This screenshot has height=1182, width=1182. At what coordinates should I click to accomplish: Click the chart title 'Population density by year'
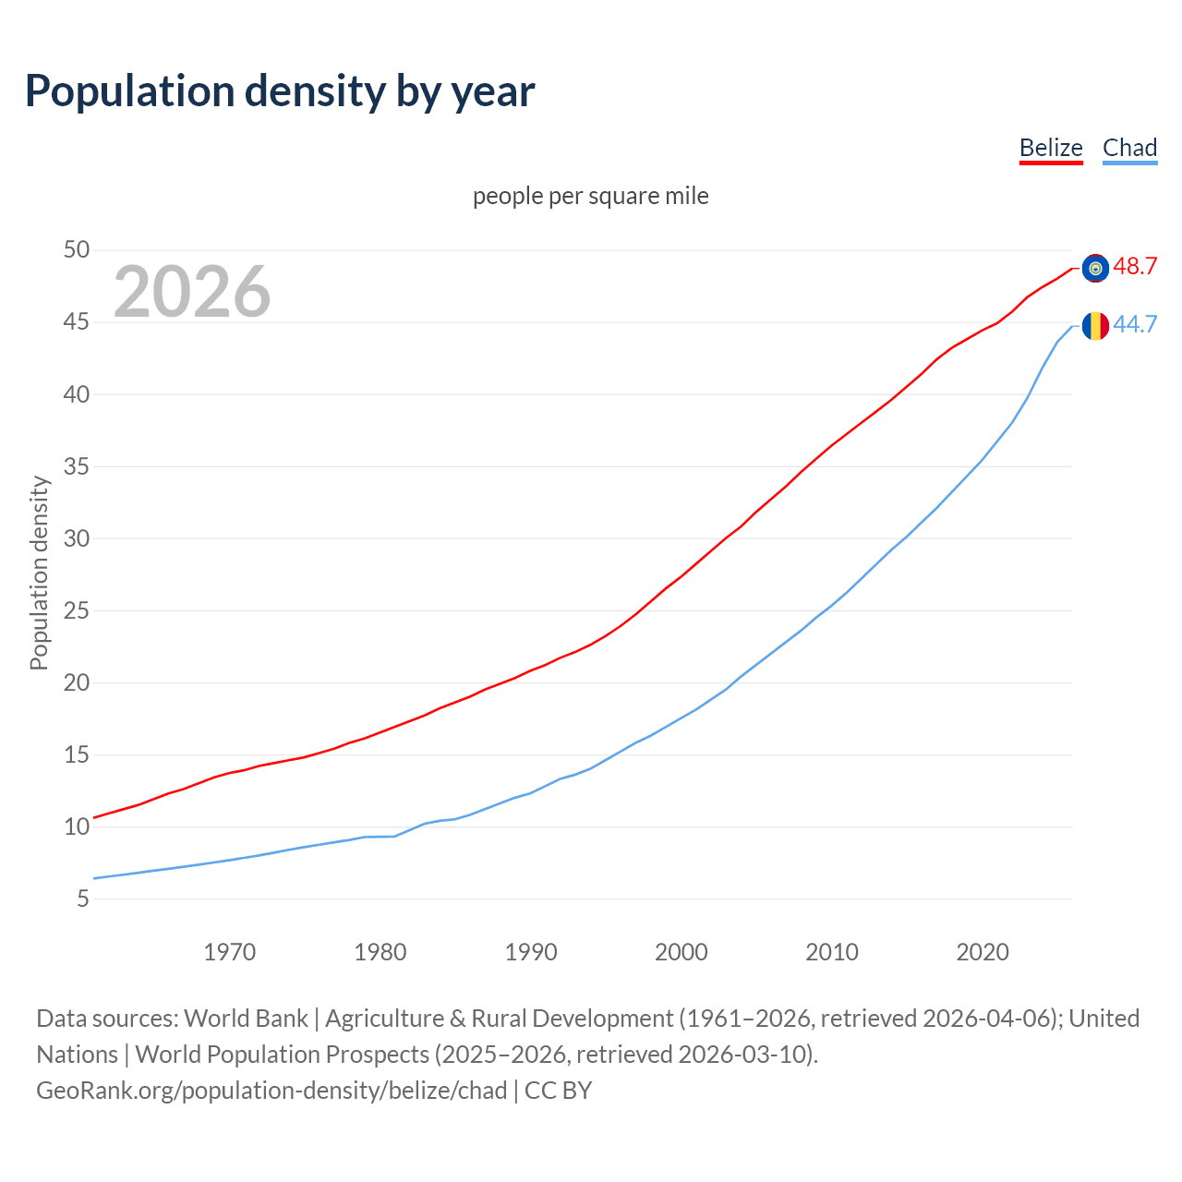coord(280,91)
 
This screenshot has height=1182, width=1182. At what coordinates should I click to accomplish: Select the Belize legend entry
coord(1051,148)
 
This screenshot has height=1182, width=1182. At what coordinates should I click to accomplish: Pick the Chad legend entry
coord(1129,148)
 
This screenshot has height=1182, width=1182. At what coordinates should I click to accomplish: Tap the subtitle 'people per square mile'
coord(591,197)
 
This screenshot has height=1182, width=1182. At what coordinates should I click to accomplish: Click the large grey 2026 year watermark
coord(192,292)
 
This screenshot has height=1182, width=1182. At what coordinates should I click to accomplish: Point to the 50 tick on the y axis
coord(77,250)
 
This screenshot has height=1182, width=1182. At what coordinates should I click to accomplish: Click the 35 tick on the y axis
coord(77,466)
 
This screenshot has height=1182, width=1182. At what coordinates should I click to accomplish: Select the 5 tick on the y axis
coord(83,899)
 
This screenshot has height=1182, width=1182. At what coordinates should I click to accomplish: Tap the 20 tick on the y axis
coord(77,682)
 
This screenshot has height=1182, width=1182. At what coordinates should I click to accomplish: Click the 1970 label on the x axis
coord(230,952)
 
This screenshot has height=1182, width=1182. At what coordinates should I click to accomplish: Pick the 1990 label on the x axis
coord(531,952)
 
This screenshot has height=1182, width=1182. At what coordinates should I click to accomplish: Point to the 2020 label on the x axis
coord(983,952)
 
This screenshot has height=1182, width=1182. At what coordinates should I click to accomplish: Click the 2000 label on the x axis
coord(681,952)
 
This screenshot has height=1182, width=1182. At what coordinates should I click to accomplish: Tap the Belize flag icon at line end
coord(1095,268)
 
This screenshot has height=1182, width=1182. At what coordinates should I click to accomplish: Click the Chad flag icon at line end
coord(1095,326)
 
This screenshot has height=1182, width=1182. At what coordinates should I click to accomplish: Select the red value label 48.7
coord(1135,267)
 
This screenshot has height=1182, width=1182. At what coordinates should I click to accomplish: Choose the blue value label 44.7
coord(1135,325)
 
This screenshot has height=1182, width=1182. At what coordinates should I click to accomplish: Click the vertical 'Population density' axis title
coord(39,573)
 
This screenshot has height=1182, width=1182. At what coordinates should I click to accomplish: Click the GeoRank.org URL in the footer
coord(271,1091)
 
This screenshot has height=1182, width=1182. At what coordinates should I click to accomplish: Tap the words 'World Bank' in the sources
coord(246,1019)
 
